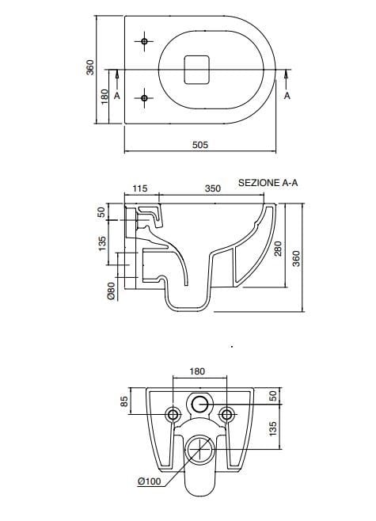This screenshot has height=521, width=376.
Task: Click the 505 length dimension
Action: click(x=200, y=144)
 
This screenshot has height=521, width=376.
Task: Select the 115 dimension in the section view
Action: click(x=139, y=189)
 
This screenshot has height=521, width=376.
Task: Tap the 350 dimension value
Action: click(x=213, y=189)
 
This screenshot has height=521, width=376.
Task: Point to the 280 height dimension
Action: click(x=277, y=249)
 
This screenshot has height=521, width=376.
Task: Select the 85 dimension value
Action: click(x=123, y=402)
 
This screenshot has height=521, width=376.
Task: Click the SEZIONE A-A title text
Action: click(x=268, y=181)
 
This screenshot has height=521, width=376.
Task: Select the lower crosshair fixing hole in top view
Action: click(x=144, y=97)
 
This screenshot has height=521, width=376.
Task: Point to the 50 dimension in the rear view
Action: click(x=272, y=395)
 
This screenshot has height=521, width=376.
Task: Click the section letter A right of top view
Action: click(x=287, y=96)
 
